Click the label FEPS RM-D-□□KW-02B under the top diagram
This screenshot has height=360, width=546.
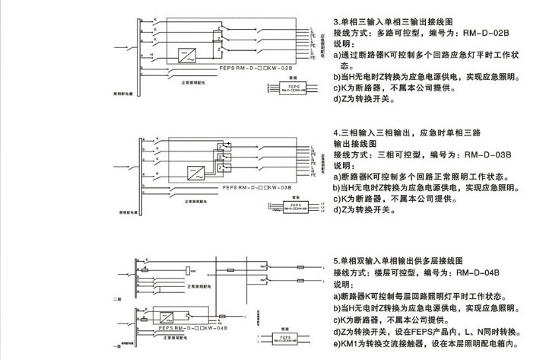point(259,68)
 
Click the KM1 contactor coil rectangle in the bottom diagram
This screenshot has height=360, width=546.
point(189,272)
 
